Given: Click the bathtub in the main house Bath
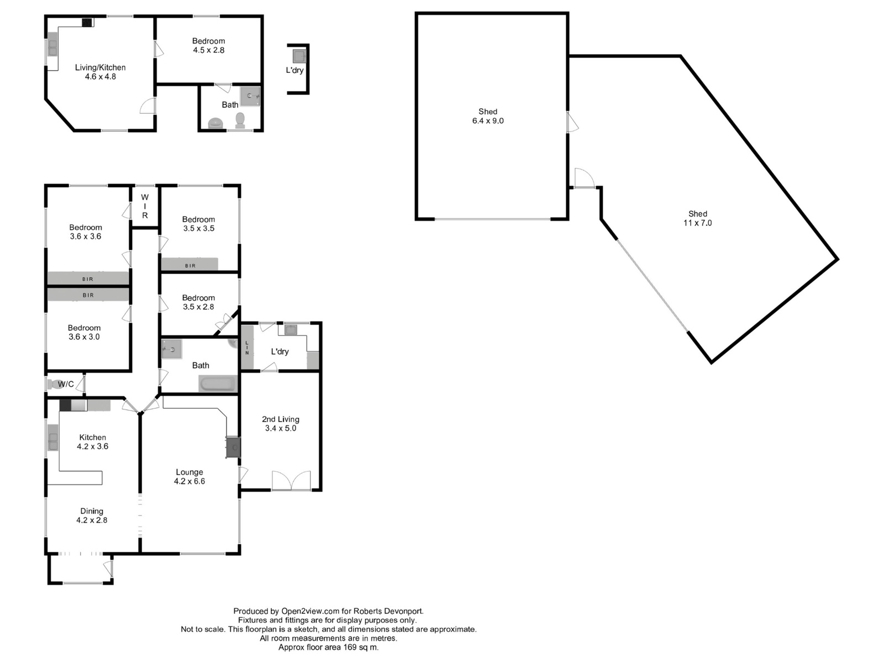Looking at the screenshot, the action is point(218,383).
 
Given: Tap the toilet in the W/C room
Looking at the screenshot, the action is point(52,384).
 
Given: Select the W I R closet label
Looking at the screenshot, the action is point(145,206).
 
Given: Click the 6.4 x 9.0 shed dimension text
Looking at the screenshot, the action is point(488,121).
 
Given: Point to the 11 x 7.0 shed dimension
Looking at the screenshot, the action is point(698,223).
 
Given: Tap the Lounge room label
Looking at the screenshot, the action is point(190,472).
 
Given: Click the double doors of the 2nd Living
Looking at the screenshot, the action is point(291,480).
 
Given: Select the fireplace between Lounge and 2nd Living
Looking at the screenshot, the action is point(233,447).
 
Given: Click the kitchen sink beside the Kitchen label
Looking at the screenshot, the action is point(52,437).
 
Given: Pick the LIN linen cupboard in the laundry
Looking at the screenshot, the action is point(248,348).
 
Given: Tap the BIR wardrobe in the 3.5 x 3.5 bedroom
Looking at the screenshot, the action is point(190,265).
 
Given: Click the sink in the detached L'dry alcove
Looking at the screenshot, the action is point(299,56).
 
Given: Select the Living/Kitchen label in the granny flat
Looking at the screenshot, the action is point(101,67).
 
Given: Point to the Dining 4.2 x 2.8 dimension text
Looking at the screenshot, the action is point(92,520).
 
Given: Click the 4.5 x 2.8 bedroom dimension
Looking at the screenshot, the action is point(209,50).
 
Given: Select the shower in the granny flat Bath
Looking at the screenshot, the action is point(250,96).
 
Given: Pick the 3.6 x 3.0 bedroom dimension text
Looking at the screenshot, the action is point(84,337).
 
